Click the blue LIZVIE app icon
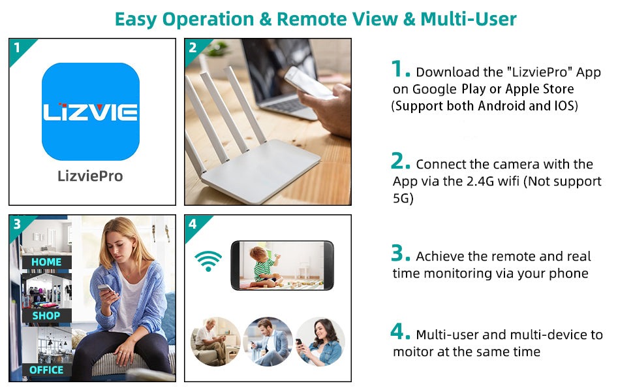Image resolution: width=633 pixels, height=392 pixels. tap(91, 112)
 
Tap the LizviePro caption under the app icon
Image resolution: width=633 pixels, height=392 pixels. tap(90, 176)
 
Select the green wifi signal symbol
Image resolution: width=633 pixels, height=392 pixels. tap(208, 261)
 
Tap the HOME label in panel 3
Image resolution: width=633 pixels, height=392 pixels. tap(46, 262)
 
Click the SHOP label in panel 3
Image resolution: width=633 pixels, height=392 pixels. tap(46, 316)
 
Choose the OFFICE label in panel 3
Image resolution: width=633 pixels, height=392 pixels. tap(46, 370)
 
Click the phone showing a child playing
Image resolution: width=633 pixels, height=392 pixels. tap(282, 265)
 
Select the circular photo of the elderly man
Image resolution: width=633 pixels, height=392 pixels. tap(215, 342)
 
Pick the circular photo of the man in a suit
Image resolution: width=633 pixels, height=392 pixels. tap(268, 342)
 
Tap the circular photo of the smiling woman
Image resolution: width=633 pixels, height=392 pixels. tap(320, 342)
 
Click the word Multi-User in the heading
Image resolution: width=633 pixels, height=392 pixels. tap(469, 19)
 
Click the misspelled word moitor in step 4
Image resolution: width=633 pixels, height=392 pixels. tap(413, 351)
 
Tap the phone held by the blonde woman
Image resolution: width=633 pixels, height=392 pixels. tap(106, 289)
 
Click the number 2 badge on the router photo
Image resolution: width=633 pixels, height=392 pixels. tap(193, 47)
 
